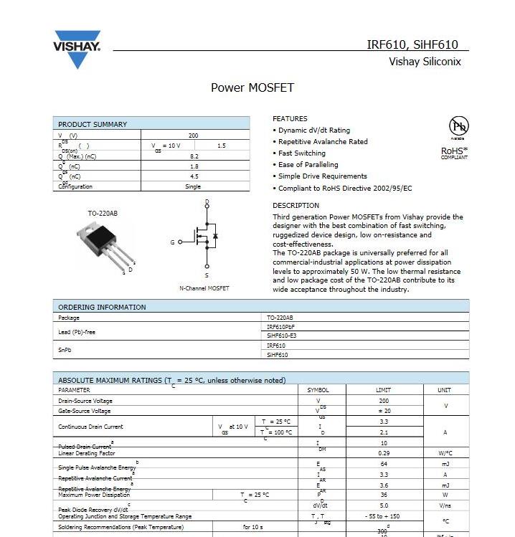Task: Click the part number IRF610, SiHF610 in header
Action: pyautogui.click(x=412, y=44)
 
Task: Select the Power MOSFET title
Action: pyautogui.click(x=252, y=88)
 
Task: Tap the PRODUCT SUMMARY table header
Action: pyautogui.click(x=93, y=124)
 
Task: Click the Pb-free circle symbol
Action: pyautogui.click(x=458, y=126)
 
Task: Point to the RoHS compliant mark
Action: pyautogui.click(x=454, y=153)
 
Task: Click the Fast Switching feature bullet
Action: pyautogui.click(x=301, y=153)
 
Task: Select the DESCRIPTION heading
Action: pyautogui.click(x=296, y=206)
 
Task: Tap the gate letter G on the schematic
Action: pyautogui.click(x=172, y=242)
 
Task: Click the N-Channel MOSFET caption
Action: pyautogui.click(x=204, y=288)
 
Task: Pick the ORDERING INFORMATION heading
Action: pyautogui.click(x=102, y=307)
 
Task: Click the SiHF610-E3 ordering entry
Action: pyautogui.click(x=281, y=335)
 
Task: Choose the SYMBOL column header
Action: pyautogui.click(x=318, y=390)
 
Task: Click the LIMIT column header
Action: pyautogui.click(x=384, y=390)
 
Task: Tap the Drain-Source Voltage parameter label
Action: pyautogui.click(x=85, y=401)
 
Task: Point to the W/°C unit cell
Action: pyautogui.click(x=445, y=453)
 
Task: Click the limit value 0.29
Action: pyautogui.click(x=384, y=453)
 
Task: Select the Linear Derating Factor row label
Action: pyautogui.click(x=87, y=453)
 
